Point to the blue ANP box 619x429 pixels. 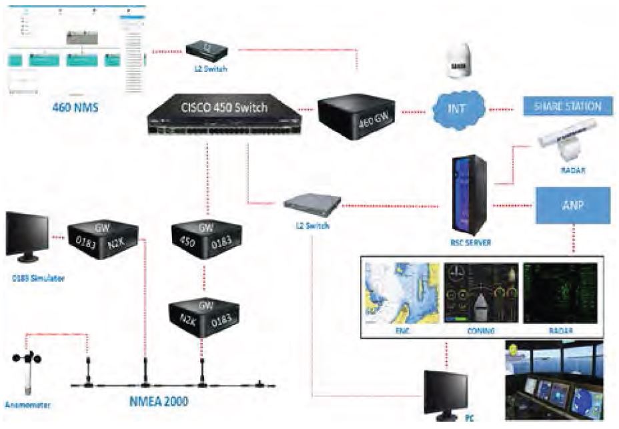pyautogui.click(x=572, y=205)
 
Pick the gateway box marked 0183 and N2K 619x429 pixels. pyautogui.click(x=103, y=234)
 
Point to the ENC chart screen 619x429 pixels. pyautogui.click(x=400, y=292)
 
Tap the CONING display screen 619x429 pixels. pyautogui.click(x=480, y=292)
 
